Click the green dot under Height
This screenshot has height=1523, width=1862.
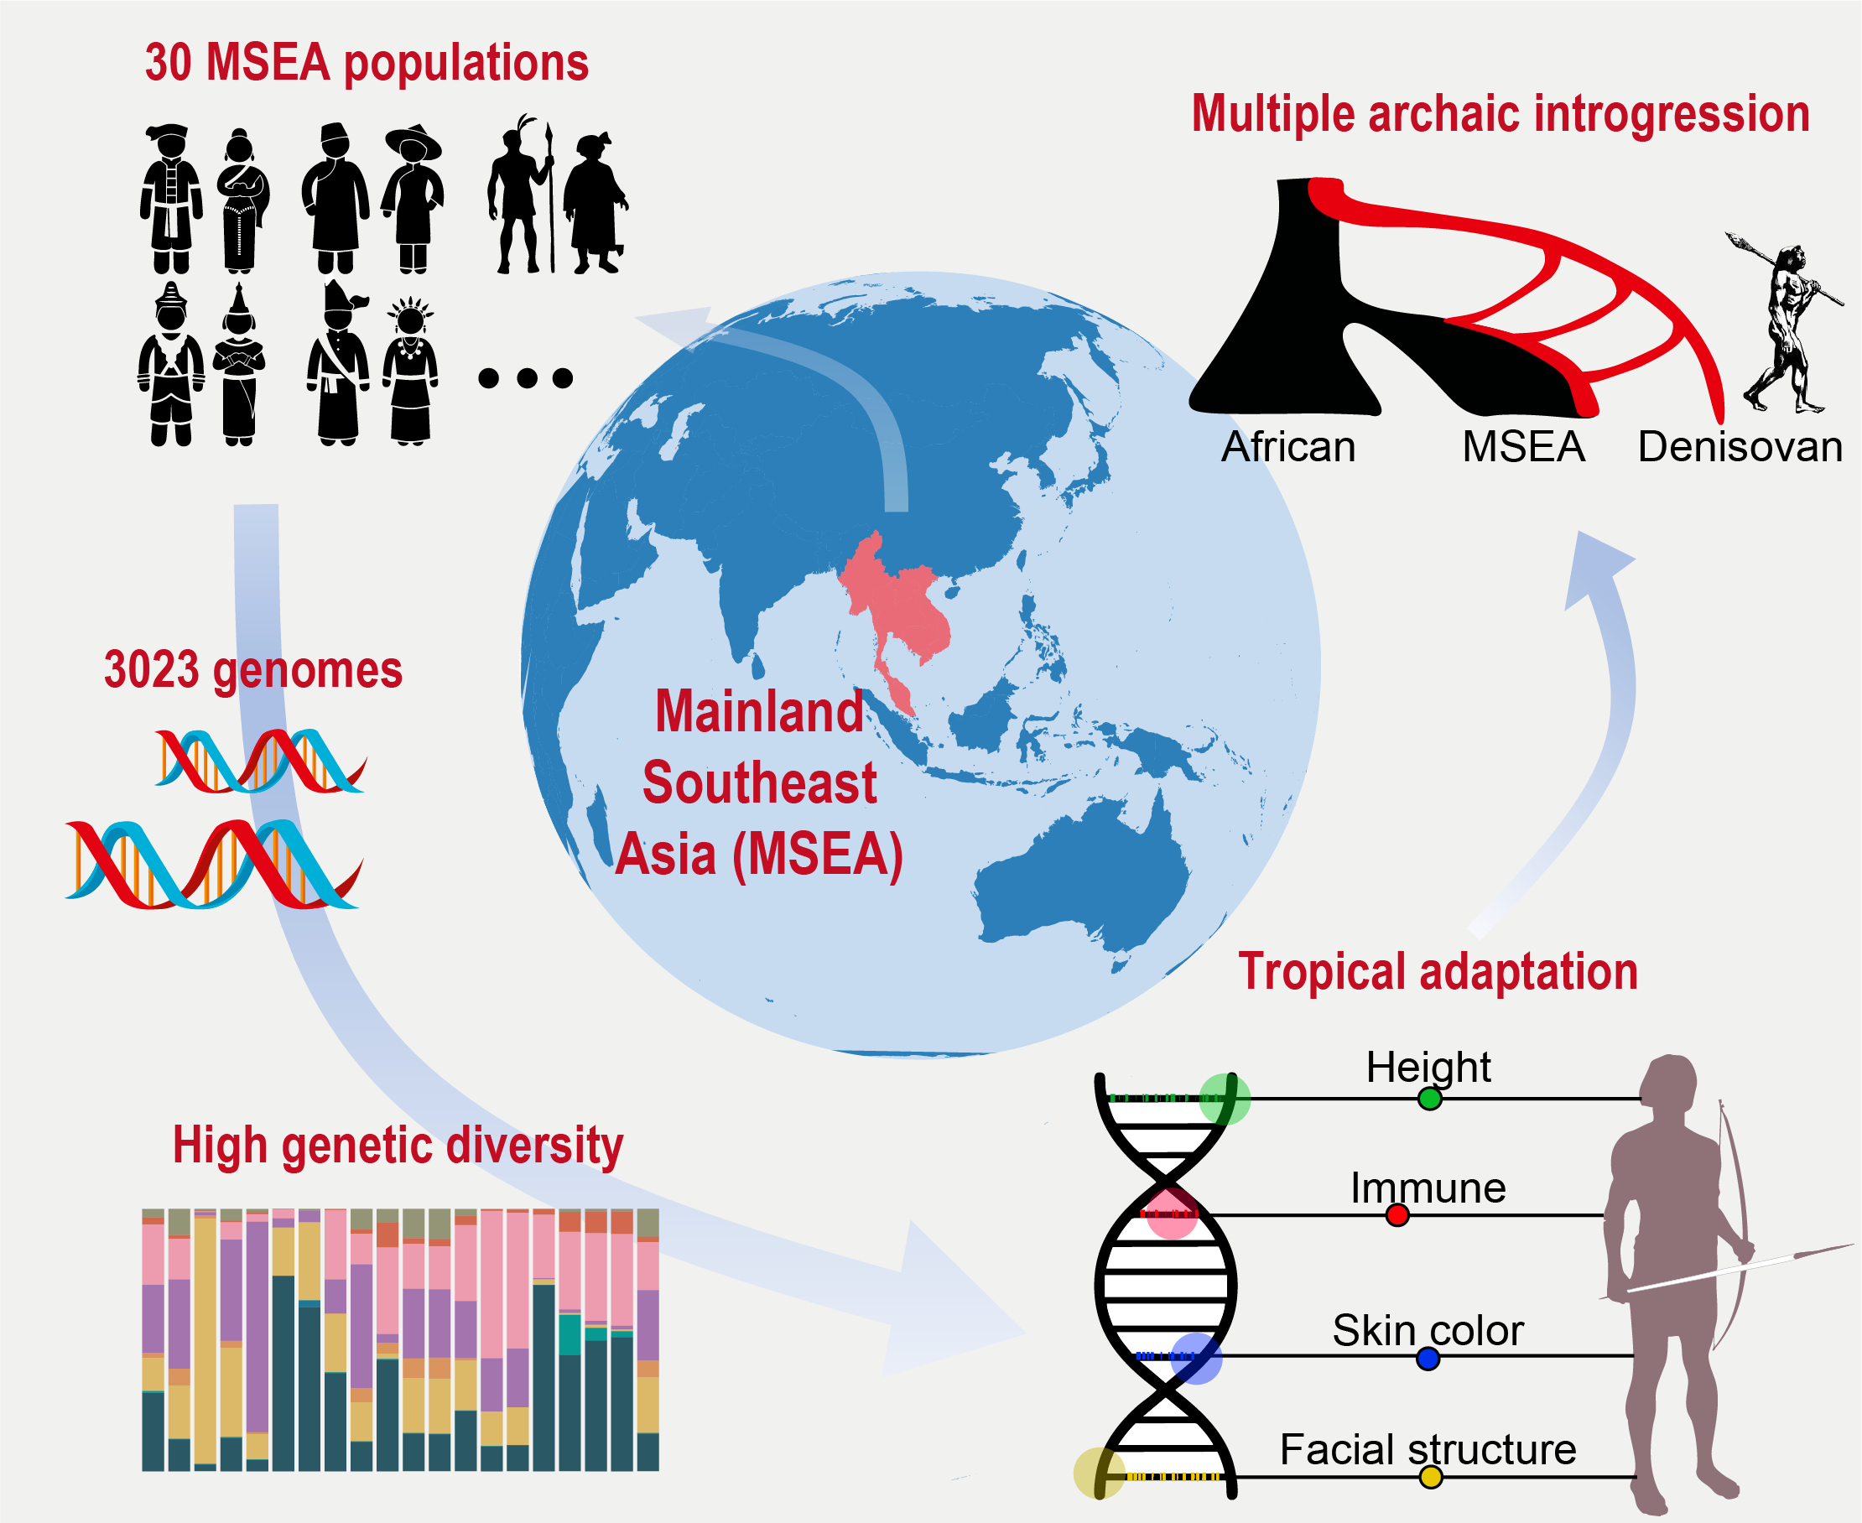pyautogui.click(x=1429, y=1099)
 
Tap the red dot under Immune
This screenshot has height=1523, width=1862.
pyautogui.click(x=1397, y=1215)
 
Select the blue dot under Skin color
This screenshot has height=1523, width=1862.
pyautogui.click(x=1428, y=1359)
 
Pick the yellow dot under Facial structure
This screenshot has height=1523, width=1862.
pyautogui.click(x=1430, y=1478)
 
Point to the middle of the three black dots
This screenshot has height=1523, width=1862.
pyautogui.click(x=527, y=378)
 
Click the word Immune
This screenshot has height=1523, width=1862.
pyautogui.click(x=1428, y=1188)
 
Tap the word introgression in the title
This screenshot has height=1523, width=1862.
pyautogui.click(x=1672, y=114)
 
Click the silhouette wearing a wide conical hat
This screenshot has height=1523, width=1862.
pyautogui.click(x=413, y=197)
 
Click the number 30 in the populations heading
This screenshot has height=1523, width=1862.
pyautogui.click(x=168, y=63)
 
